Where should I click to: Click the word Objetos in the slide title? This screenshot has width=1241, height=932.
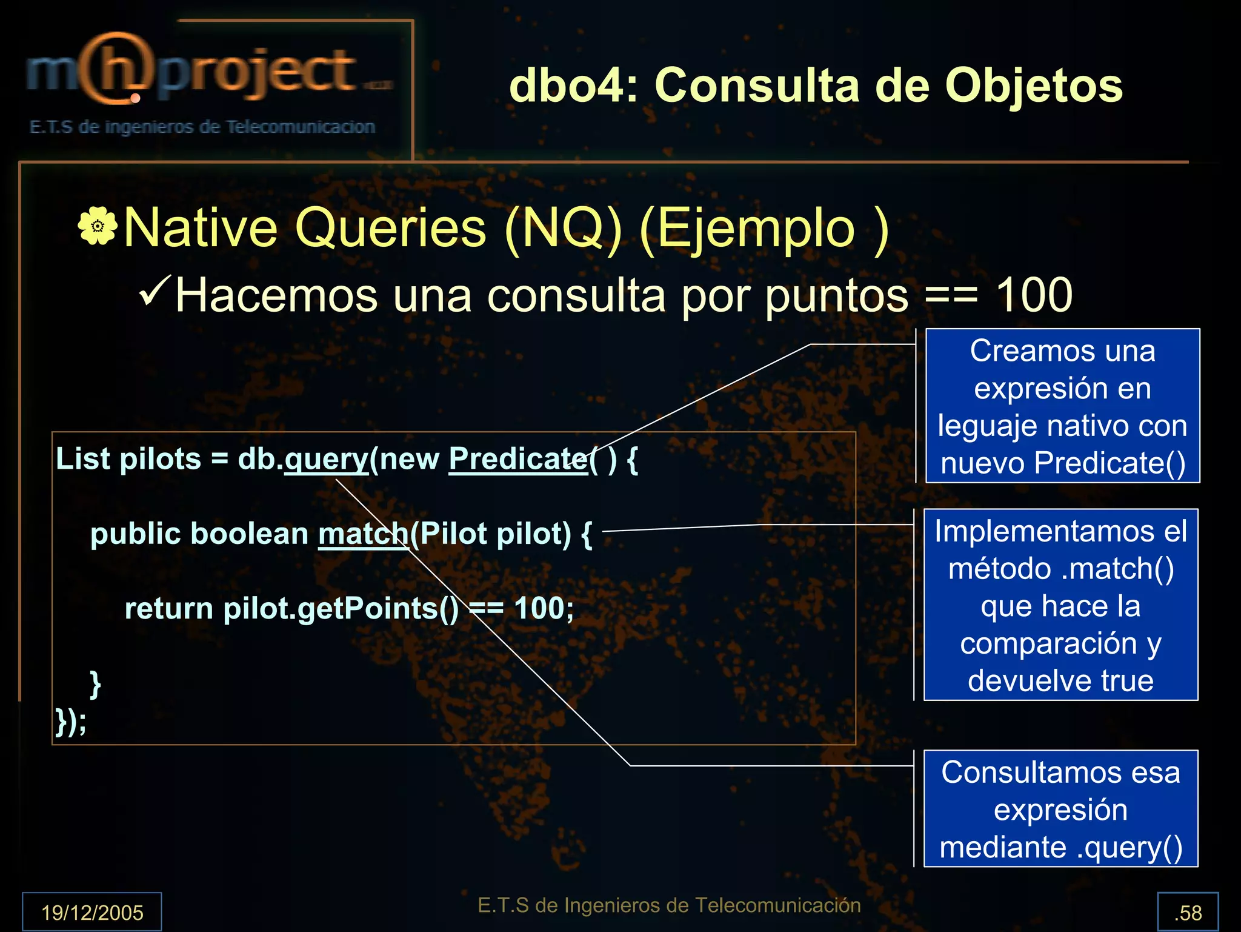1034,85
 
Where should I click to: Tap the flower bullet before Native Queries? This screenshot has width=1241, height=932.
97,226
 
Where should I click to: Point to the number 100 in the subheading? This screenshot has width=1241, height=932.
1034,295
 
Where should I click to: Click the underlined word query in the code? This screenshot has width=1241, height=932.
326,460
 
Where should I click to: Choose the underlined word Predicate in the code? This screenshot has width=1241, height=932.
517,460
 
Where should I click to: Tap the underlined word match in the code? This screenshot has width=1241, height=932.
364,534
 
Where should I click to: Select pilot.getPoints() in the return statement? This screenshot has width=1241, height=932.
341,609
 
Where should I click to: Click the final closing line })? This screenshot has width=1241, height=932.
71,722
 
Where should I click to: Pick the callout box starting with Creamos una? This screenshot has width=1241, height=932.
1062,406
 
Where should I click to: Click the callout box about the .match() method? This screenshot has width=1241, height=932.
1060,605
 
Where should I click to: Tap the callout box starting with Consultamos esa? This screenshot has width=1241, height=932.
1060,809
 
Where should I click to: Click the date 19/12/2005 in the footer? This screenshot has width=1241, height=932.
92,912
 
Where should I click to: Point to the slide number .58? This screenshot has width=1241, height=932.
1188,912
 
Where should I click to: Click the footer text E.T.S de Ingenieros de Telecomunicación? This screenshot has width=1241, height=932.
669,905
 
